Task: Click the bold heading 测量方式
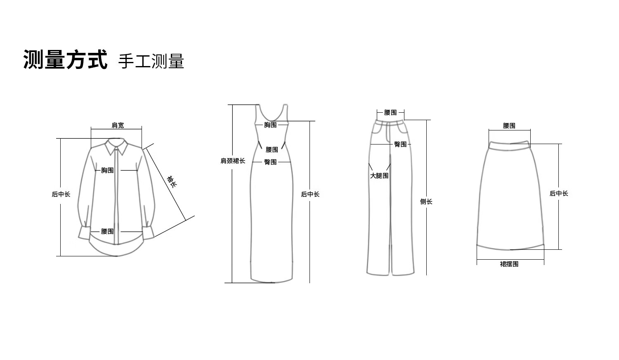click(66, 59)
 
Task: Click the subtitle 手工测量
click(151, 61)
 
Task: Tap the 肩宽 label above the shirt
click(118, 125)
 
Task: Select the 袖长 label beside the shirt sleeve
click(172, 181)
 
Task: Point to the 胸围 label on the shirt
click(107, 171)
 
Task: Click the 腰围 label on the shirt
click(107, 232)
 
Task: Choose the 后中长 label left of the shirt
click(61, 194)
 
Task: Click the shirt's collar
click(116, 147)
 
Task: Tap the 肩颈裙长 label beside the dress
click(233, 161)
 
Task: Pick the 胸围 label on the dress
click(270, 125)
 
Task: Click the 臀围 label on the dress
click(270, 162)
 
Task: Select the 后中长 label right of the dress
click(310, 194)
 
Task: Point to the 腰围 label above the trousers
click(390, 113)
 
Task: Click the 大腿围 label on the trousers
click(379, 175)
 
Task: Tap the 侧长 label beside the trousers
click(426, 202)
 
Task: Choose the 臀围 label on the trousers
click(400, 144)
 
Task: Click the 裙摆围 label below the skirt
click(509, 264)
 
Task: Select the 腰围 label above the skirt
click(509, 126)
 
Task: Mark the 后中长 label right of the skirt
click(559, 194)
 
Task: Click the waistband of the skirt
click(510, 146)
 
